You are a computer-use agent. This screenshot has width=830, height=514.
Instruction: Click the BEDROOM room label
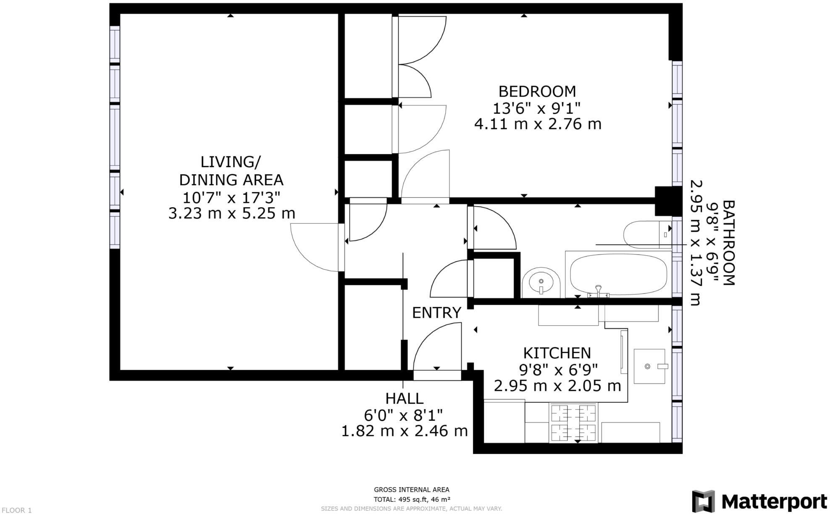click(537, 91)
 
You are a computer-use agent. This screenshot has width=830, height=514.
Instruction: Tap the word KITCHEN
click(557, 353)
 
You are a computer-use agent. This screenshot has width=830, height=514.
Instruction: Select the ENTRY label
click(436, 313)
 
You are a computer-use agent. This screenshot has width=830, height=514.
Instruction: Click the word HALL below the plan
click(404, 398)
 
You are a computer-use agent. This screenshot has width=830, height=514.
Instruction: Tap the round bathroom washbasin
click(541, 282)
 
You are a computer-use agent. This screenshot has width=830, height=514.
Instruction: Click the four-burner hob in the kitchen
click(573, 423)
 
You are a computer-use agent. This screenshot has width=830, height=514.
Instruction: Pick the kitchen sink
click(649, 366)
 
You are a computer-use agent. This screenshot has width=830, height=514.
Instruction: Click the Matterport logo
click(759, 501)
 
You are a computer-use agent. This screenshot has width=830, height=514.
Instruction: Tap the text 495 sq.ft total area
click(412, 499)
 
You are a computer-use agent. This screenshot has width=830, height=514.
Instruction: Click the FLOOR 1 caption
click(16, 510)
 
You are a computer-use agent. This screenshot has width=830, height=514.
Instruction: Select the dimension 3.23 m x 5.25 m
click(231, 213)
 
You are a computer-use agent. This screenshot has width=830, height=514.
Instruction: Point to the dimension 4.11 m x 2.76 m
click(538, 124)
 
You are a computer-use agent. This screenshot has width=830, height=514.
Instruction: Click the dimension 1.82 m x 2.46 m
click(404, 431)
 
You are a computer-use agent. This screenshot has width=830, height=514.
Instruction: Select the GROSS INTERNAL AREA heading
click(411, 490)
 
